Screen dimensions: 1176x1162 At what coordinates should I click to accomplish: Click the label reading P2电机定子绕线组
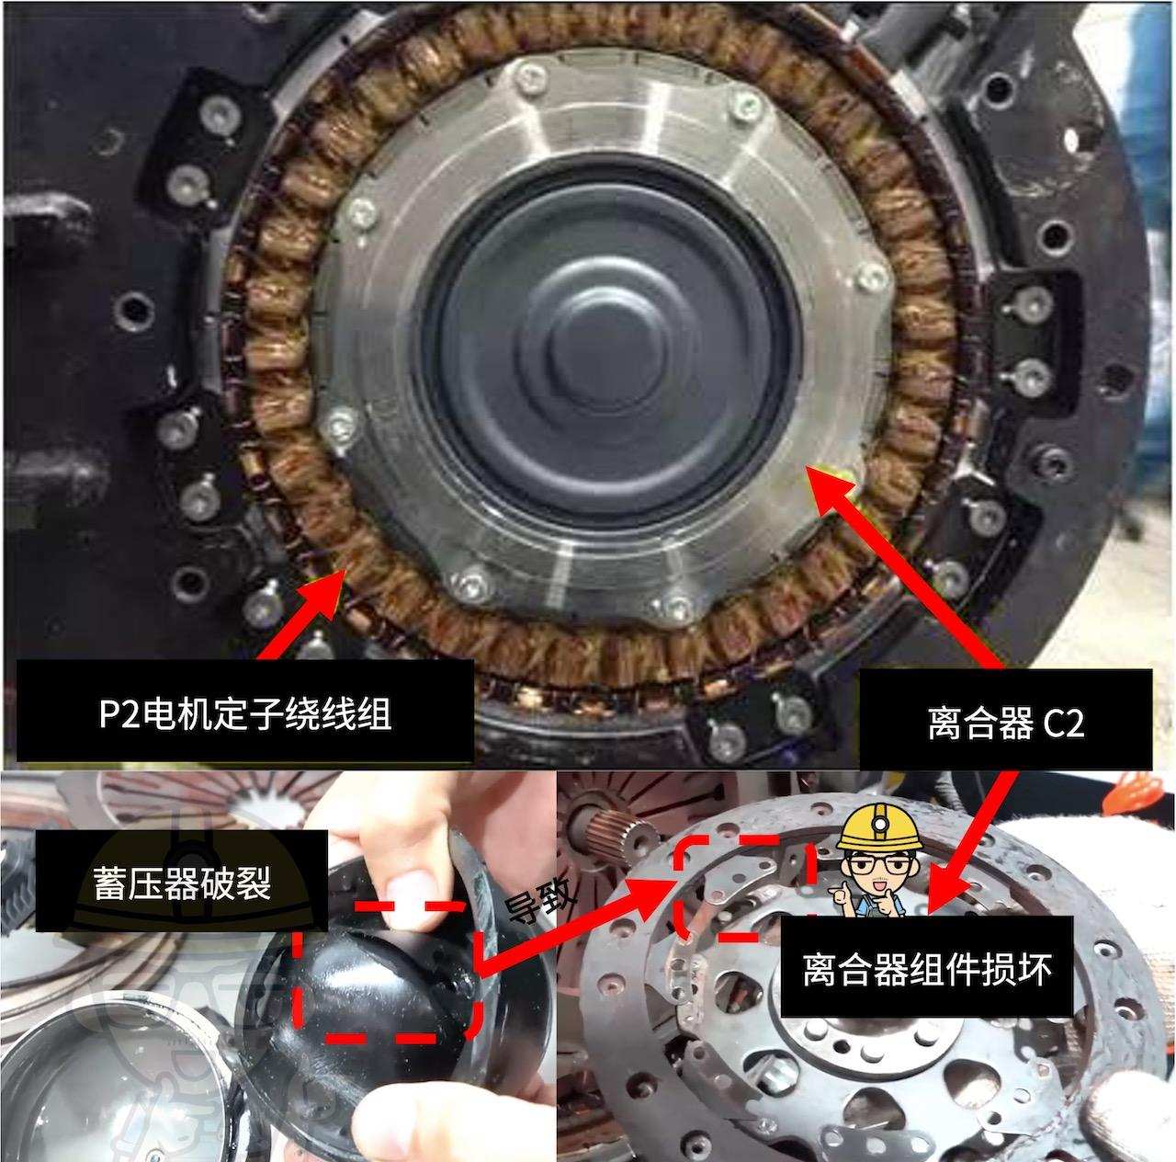(244, 712)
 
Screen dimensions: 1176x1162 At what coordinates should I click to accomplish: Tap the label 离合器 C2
(1005, 724)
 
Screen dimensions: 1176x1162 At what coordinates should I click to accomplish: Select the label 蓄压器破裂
(181, 883)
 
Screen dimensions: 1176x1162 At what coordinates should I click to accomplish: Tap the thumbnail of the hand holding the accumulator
(277, 965)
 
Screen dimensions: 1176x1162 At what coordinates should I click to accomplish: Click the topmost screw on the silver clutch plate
(530, 77)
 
